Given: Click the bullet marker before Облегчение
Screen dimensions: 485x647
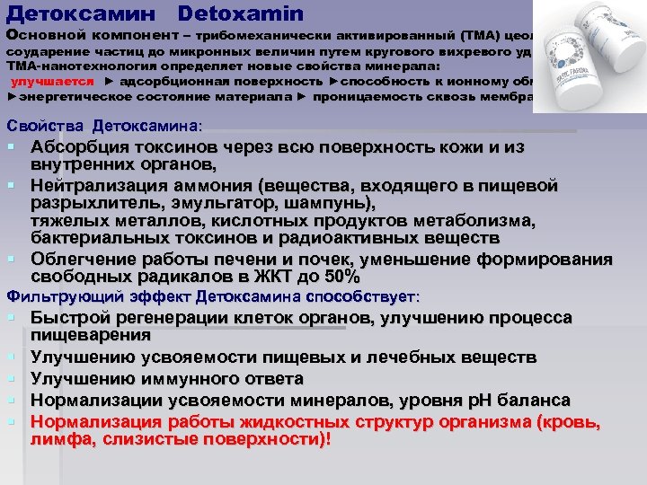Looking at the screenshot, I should (x=13, y=260).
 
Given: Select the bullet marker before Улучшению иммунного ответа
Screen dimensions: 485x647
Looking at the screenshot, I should (x=13, y=379).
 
